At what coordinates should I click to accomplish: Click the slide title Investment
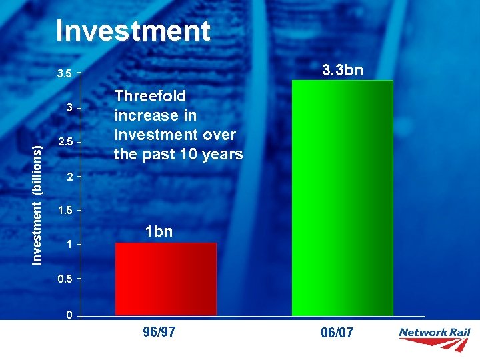pyautogui.click(x=133, y=31)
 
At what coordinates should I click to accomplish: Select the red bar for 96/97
pyautogui.click(x=166, y=279)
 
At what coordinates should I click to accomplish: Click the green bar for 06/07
pyautogui.click(x=342, y=197)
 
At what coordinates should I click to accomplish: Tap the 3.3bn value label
pyautogui.click(x=343, y=69)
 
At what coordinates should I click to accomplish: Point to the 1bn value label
pyautogui.click(x=159, y=231)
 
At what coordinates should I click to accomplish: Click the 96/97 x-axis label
pyautogui.click(x=159, y=332)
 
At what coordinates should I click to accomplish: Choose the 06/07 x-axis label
pyautogui.click(x=337, y=333)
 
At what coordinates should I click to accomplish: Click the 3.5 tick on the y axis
pyautogui.click(x=63, y=73)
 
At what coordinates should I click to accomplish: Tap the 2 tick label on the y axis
pyautogui.click(x=68, y=177)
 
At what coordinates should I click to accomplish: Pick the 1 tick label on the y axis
pyautogui.click(x=68, y=245)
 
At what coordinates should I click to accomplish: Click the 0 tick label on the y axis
pyautogui.click(x=69, y=315)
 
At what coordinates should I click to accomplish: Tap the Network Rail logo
pyautogui.click(x=434, y=339)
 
